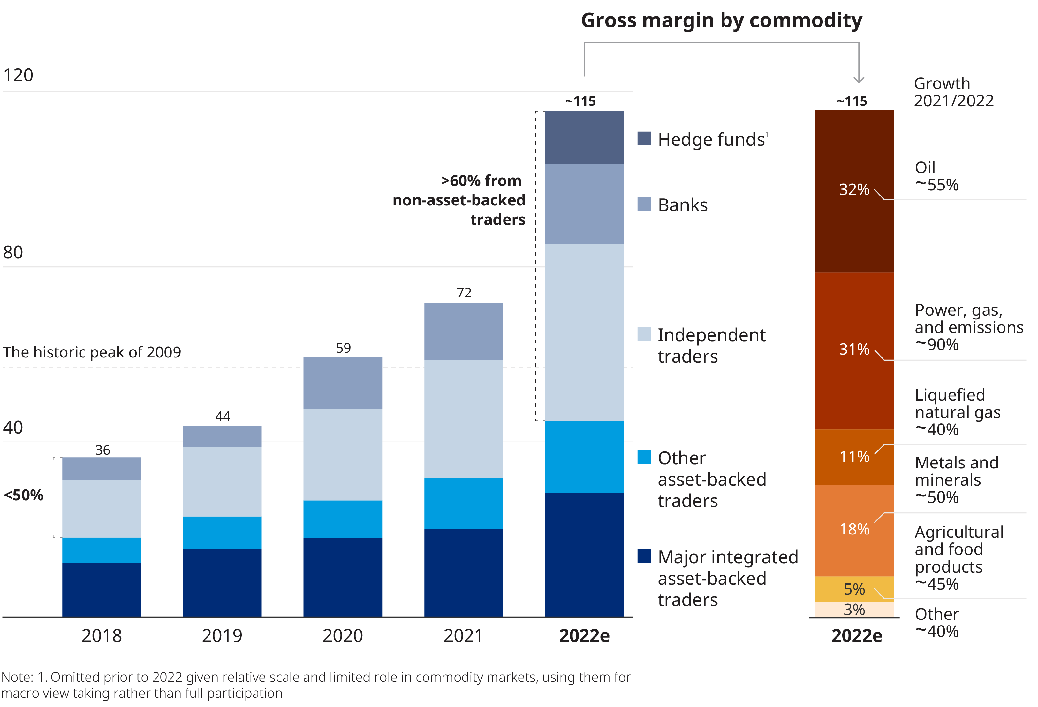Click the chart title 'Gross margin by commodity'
721,20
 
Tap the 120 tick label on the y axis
18,75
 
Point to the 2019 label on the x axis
222,635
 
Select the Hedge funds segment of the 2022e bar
584,137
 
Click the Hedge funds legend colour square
644,138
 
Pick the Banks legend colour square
644,204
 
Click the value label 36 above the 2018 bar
102,450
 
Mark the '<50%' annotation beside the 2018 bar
24,495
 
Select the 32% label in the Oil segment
854,189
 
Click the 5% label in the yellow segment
854,589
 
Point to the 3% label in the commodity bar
854,610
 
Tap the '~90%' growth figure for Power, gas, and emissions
936,345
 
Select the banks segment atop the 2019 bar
222,436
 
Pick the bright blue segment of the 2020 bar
343,519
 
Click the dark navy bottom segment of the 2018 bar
102,589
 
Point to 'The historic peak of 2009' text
92,352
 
